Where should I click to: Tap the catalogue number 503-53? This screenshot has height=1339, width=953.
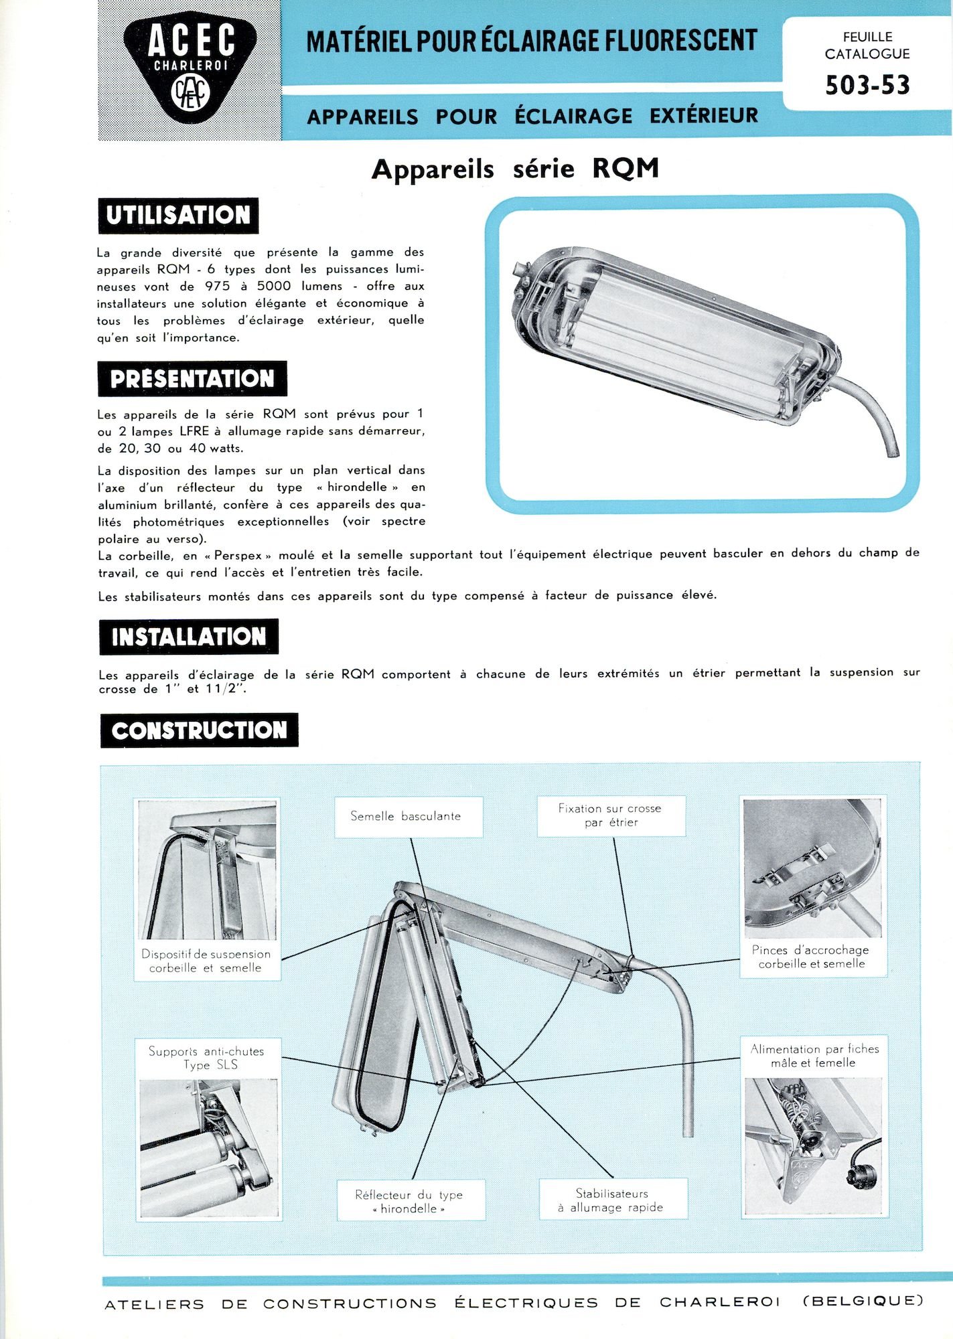[x=867, y=86]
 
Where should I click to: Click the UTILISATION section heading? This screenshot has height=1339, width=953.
[x=178, y=216]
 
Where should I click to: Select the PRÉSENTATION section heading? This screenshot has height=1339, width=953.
[x=192, y=379]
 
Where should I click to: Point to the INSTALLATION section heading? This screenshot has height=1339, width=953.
[x=189, y=637]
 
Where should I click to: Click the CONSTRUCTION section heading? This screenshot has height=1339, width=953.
[x=199, y=730]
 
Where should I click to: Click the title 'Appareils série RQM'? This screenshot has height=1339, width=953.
[x=515, y=169]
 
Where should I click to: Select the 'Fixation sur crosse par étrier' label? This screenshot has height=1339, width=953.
[x=610, y=815]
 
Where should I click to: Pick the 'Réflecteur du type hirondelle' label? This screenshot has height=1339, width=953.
[x=409, y=1201]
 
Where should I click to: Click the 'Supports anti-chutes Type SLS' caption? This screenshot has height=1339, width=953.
[x=207, y=1058]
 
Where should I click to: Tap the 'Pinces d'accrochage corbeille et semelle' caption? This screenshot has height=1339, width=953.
[x=811, y=957]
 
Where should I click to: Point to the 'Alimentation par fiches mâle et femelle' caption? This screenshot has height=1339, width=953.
[x=814, y=1056]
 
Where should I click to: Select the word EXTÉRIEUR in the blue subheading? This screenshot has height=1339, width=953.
[x=703, y=116]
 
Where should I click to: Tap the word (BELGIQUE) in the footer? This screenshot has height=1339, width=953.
[x=863, y=1302]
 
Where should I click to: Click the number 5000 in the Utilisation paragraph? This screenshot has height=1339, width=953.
[x=274, y=287]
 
